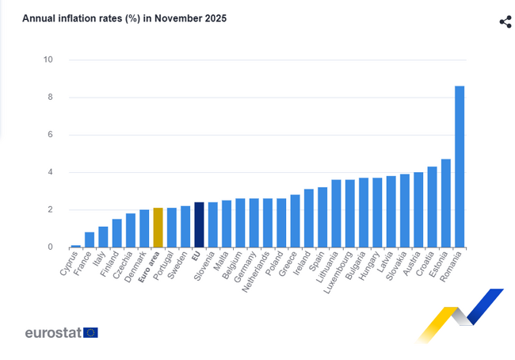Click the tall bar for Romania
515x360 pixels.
click(460, 167)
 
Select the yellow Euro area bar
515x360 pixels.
click(158, 228)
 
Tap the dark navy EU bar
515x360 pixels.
click(199, 225)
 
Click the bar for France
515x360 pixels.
click(90, 240)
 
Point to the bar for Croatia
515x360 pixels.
click(432, 207)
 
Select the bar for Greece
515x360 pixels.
click(295, 221)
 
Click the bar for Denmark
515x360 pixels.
click(144, 228)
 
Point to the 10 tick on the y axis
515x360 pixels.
click(48, 60)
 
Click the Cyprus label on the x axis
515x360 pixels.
click(69, 264)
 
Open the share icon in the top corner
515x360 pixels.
click(505, 21)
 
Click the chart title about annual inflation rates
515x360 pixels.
click(124, 18)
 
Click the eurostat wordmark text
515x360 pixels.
click(53, 333)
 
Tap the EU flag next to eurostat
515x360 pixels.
click(90, 333)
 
